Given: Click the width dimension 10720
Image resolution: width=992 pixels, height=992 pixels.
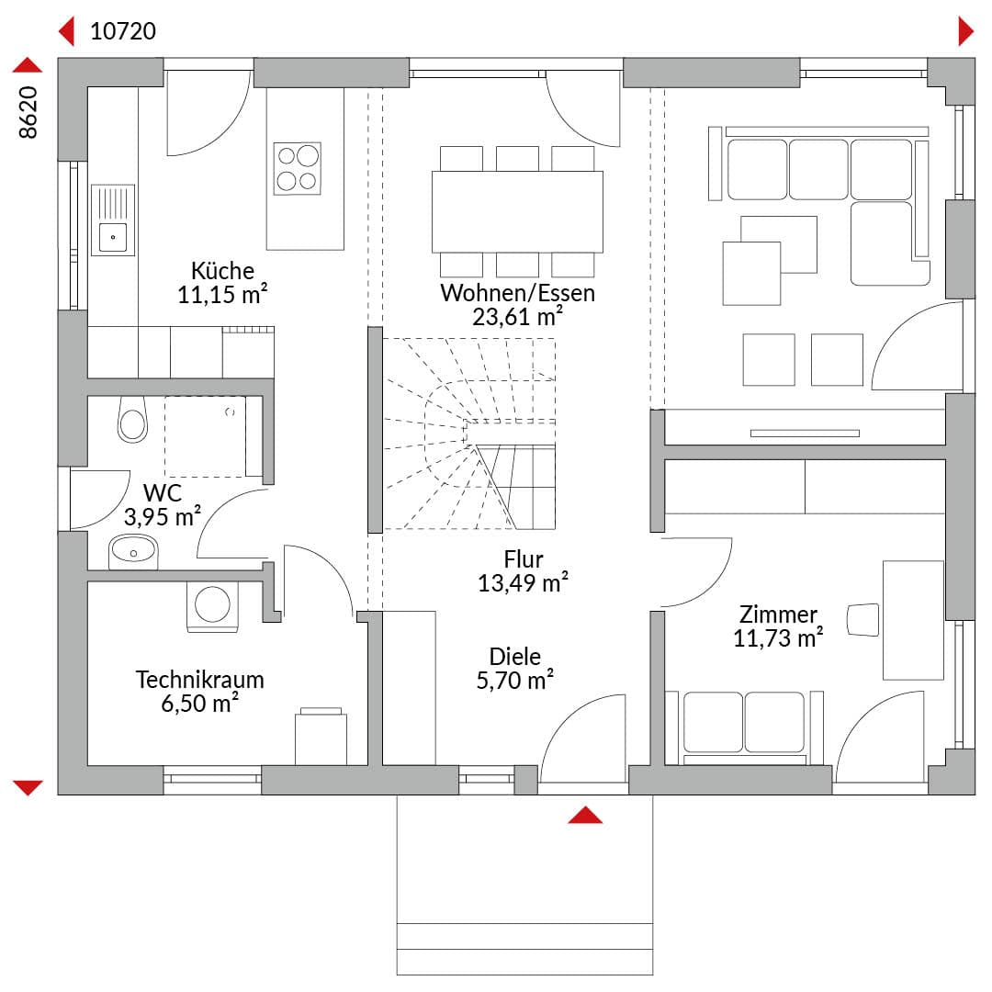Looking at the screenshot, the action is coord(123,31).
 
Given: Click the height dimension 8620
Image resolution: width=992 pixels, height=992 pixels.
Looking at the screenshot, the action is coord(28,112).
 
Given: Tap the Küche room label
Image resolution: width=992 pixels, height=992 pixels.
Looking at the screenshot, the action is coord(222,271).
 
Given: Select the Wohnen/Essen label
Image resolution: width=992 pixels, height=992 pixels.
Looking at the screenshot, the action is coord(517,293).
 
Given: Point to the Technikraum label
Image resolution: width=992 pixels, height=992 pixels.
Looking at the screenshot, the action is coord(200,680).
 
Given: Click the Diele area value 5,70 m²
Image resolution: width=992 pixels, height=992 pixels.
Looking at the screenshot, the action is coord(515,680).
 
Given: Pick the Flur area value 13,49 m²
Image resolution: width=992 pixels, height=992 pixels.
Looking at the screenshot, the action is coord(523,582).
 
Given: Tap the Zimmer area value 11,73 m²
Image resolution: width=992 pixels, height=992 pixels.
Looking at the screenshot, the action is coord(778,637).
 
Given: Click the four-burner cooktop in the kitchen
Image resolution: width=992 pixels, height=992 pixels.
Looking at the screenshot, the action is coord(298,168).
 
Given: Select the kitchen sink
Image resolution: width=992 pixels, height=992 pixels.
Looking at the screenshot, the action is coord(113,220).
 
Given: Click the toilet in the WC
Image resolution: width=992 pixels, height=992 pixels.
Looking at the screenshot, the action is coord(132,420).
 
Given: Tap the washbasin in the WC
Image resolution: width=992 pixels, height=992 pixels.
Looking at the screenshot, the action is coord(133,552).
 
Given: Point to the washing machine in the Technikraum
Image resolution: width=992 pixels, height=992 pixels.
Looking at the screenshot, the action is coord(212,606).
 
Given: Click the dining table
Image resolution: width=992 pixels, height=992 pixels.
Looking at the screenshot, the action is coord(517,212).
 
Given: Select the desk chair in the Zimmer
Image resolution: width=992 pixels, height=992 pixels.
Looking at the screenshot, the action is coord(862,620).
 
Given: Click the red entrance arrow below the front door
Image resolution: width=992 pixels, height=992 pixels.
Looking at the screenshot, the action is coord(585,815).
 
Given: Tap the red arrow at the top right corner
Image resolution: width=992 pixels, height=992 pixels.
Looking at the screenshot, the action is coord(966,31).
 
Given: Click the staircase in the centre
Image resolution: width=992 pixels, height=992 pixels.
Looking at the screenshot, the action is coord(469,434).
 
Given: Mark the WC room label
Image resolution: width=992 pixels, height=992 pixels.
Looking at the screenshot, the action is coord(163,492).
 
